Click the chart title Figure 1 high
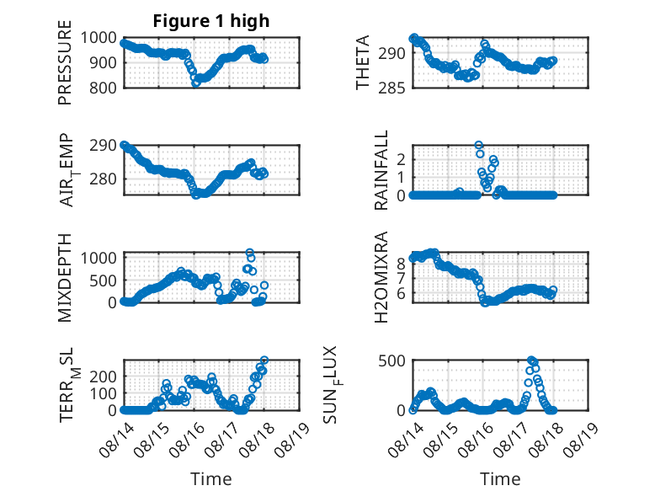211,21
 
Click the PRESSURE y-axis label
65,62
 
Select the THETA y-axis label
363,62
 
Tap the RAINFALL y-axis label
381,170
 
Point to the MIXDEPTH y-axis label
65,278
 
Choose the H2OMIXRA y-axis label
381,277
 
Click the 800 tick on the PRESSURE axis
104,88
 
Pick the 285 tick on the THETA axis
391,88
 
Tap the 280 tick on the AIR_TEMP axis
104,179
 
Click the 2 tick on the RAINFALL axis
402,160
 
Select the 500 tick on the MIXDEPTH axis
104,280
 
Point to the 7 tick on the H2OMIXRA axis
402,278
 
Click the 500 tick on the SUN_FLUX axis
391,360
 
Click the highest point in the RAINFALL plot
479,146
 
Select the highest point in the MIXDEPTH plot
250,253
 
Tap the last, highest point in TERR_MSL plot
264,360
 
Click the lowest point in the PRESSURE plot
195,83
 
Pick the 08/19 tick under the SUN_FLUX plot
582,439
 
